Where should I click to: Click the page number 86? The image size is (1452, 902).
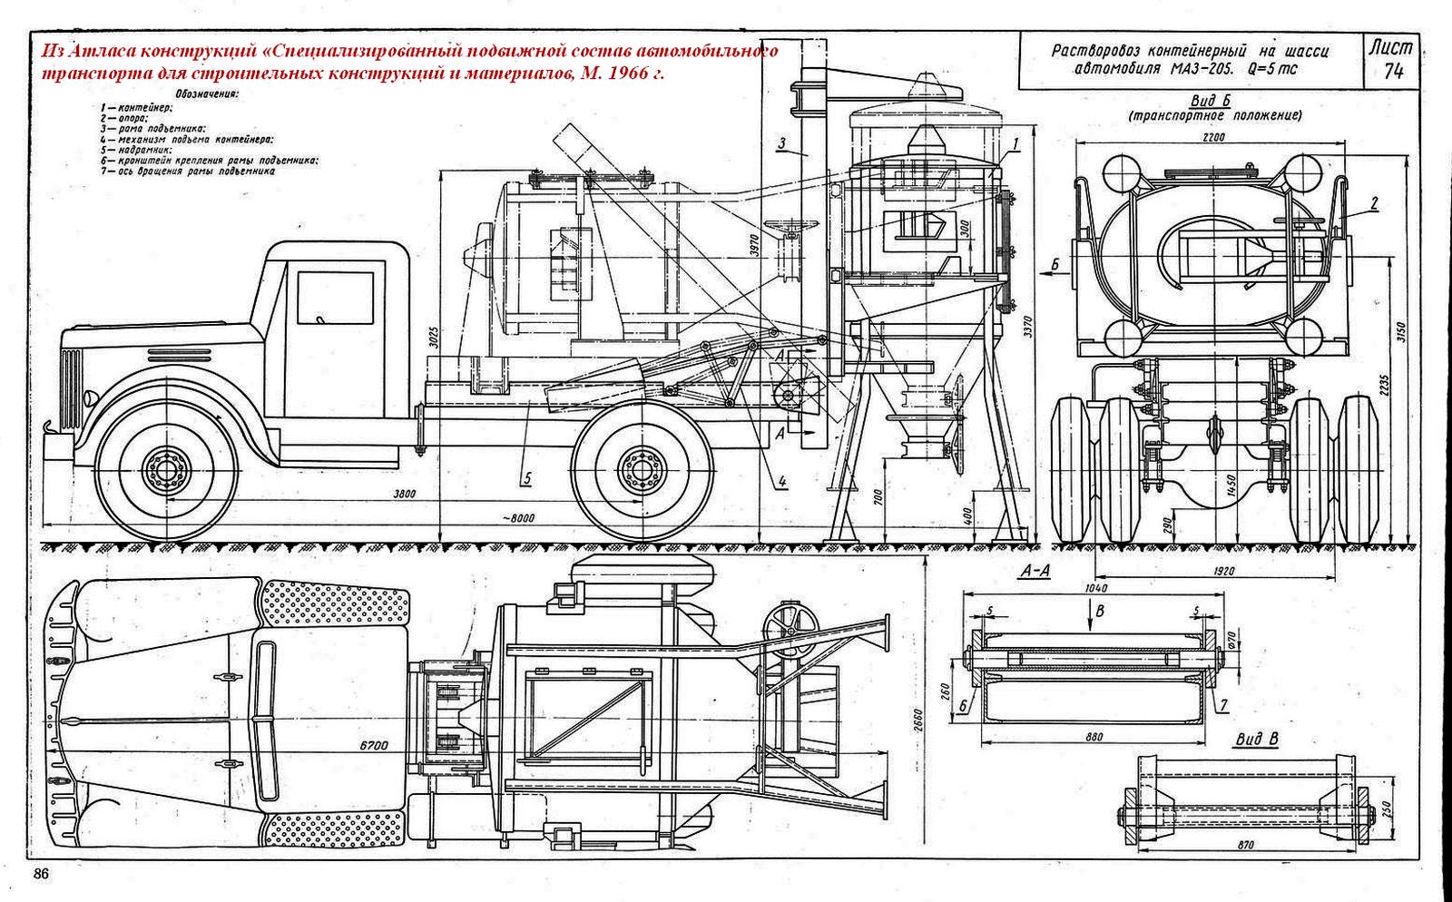(41, 875)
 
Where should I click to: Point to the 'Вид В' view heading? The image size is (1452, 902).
(1256, 740)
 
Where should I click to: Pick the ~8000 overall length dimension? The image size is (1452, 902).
(518, 518)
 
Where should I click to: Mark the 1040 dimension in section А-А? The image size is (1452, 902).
(1094, 588)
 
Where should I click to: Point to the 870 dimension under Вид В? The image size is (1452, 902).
(1244, 845)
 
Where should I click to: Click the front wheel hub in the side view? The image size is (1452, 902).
(164, 470)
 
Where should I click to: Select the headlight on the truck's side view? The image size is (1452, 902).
(90, 397)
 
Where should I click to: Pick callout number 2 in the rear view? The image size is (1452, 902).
(1375, 205)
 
